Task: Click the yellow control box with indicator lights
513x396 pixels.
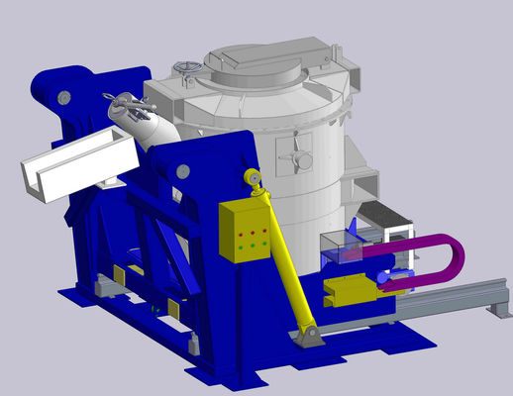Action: point(246,231)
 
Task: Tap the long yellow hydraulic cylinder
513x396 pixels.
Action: point(283,262)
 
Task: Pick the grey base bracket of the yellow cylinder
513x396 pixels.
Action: point(310,337)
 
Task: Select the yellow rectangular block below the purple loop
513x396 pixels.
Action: point(347,291)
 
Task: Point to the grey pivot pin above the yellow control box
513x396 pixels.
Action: point(182,171)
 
